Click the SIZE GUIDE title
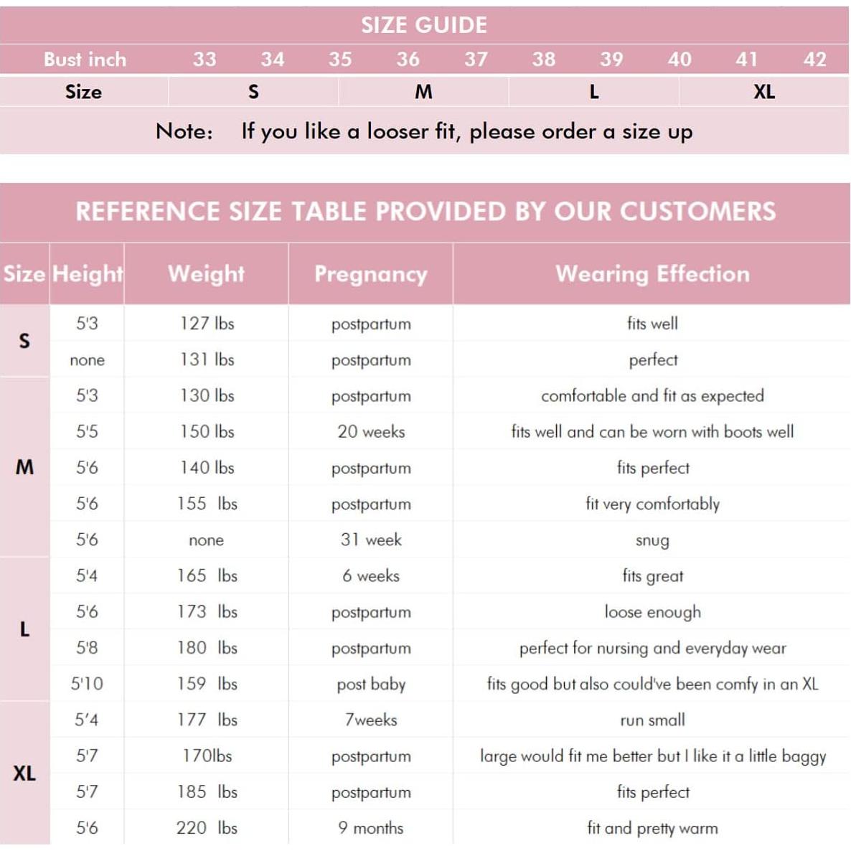coord(424,25)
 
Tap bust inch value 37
coord(476,60)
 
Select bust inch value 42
coord(814,60)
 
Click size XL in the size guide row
coord(764,92)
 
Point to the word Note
coord(184,131)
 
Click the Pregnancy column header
coord(370,274)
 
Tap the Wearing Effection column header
coord(652,274)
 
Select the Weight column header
coord(206,274)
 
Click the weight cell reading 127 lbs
coord(207,324)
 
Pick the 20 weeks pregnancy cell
coord(371,432)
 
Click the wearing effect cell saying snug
coord(652,540)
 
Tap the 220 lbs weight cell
coord(207,828)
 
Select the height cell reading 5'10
coord(87,684)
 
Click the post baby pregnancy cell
coord(371,685)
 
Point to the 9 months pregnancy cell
coord(371,828)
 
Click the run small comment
coord(652,720)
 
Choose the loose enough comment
coord(652,612)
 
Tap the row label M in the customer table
coord(24,468)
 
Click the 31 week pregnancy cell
coord(371,540)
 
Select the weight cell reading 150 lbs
coord(207,432)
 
